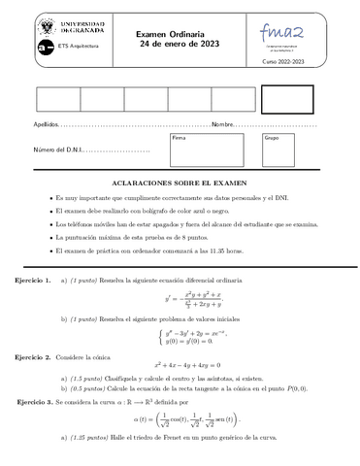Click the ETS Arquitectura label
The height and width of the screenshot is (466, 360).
[77, 46]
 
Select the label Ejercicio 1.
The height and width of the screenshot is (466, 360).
[33, 280]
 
